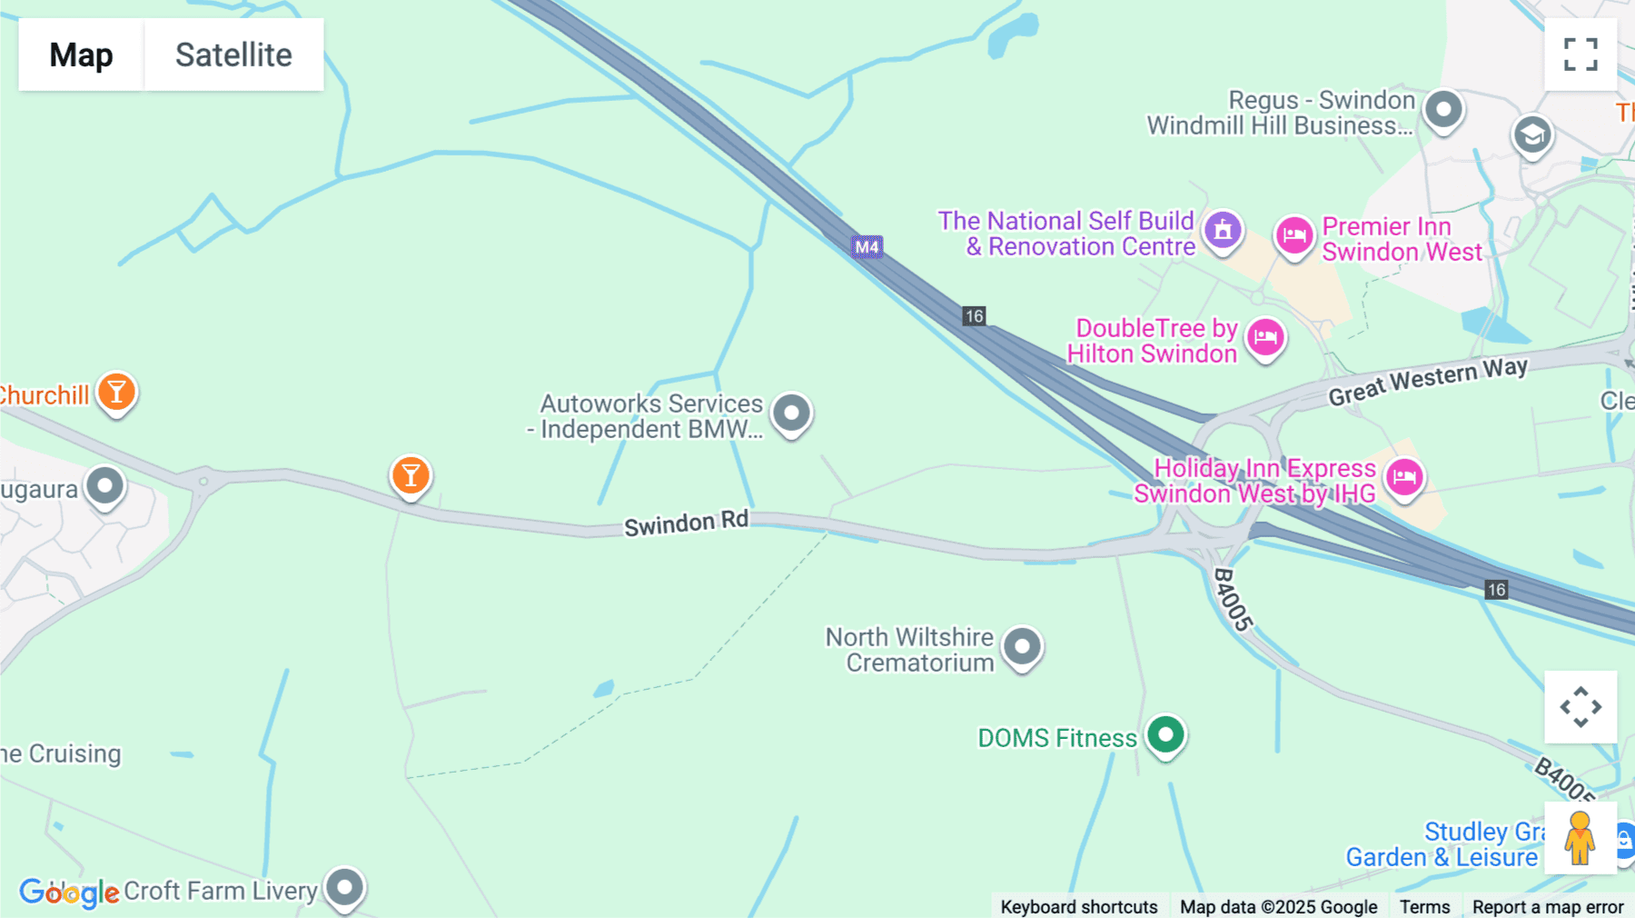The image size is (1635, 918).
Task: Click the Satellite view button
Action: [233, 55]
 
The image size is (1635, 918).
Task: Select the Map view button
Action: [81, 55]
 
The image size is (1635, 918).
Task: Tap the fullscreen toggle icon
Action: [1580, 55]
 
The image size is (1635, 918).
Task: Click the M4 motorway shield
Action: [867, 247]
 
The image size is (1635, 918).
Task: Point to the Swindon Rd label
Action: [686, 524]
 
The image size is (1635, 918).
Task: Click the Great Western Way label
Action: [1427, 380]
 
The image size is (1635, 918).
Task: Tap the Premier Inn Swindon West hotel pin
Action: [1293, 236]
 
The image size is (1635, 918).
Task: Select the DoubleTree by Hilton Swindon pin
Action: [1265, 338]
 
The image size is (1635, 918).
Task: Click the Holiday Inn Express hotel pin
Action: [1404, 476]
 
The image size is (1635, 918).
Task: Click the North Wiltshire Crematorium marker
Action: [1022, 646]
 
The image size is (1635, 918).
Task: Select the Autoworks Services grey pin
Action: [791, 413]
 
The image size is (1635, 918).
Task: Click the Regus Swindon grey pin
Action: [1443, 110]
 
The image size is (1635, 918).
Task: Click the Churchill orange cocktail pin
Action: [116, 393]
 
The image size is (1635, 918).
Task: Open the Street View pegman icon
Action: [1580, 838]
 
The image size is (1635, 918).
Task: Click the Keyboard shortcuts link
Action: [1078, 906]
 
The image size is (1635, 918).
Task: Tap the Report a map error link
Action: [1548, 906]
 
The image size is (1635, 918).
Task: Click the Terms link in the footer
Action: [1424, 906]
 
